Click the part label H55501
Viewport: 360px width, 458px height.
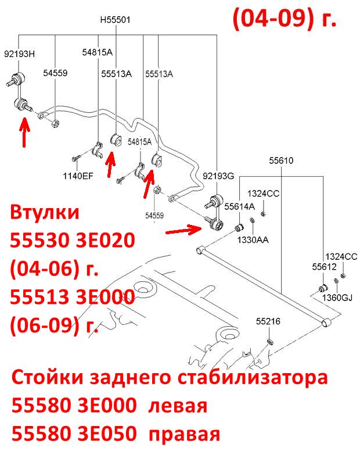tap(115, 20)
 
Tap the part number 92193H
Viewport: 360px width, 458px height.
tap(19, 53)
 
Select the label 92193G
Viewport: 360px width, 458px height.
tap(218, 176)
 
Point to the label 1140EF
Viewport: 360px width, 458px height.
tap(78, 176)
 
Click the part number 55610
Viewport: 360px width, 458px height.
tap(281, 160)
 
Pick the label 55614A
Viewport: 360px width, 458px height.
tap(239, 206)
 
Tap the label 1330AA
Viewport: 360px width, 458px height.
tap(253, 240)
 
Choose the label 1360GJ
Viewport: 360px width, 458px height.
tap(337, 298)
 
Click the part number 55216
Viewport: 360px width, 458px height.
tap(268, 321)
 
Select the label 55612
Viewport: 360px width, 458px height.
tap(324, 267)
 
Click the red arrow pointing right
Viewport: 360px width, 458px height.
tap(183, 230)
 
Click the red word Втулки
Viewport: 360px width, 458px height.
tap(45, 212)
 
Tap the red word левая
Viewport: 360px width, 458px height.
tap(178, 406)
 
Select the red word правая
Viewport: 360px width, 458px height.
tap(184, 434)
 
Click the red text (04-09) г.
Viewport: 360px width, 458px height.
tap(285, 18)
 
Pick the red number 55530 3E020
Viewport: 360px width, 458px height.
tap(73, 241)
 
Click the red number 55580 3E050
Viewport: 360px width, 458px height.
tap(74, 434)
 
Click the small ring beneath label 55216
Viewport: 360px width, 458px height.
tap(270, 342)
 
